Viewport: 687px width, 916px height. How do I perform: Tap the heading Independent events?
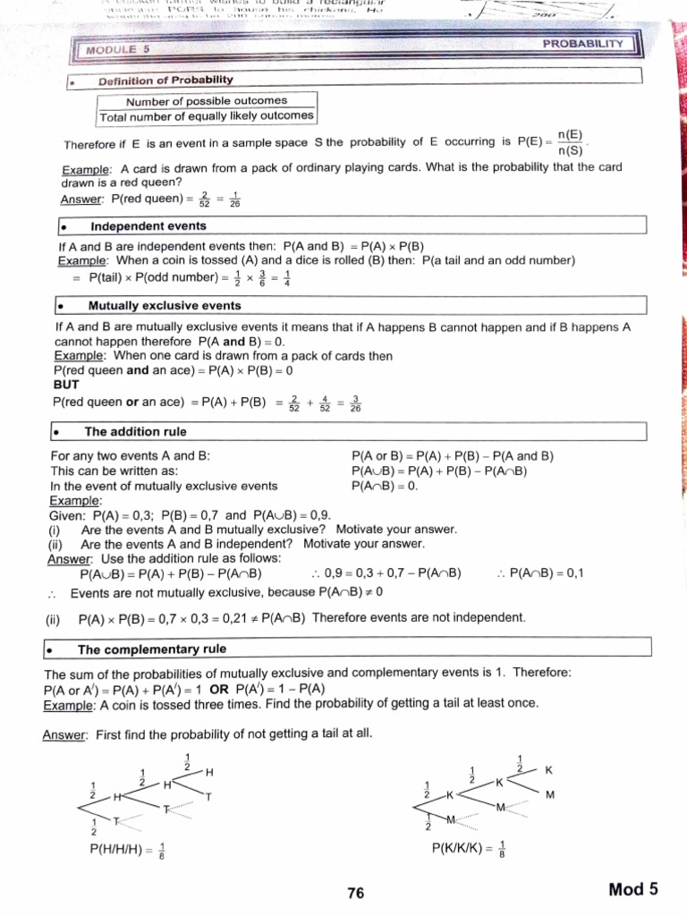pyautogui.click(x=148, y=226)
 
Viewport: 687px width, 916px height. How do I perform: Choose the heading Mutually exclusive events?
pyautogui.click(x=165, y=306)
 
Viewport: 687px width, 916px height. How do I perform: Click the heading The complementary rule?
pyautogui.click(x=152, y=649)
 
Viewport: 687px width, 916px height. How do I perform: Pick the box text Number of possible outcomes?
pyautogui.click(x=207, y=100)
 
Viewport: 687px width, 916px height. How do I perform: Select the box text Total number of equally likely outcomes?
pyautogui.click(x=207, y=115)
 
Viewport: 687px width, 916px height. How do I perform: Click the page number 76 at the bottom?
pyautogui.click(x=356, y=893)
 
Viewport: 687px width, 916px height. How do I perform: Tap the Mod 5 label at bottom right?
pyautogui.click(x=633, y=889)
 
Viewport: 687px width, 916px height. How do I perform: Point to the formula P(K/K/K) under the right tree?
pyautogui.click(x=470, y=849)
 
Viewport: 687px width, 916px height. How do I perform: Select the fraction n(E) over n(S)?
pyautogui.click(x=570, y=142)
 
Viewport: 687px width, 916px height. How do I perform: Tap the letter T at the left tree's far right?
pyautogui.click(x=208, y=797)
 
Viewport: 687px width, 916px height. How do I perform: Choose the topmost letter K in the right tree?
pyautogui.click(x=549, y=769)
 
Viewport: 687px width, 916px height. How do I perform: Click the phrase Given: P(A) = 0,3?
pyautogui.click(x=103, y=515)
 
